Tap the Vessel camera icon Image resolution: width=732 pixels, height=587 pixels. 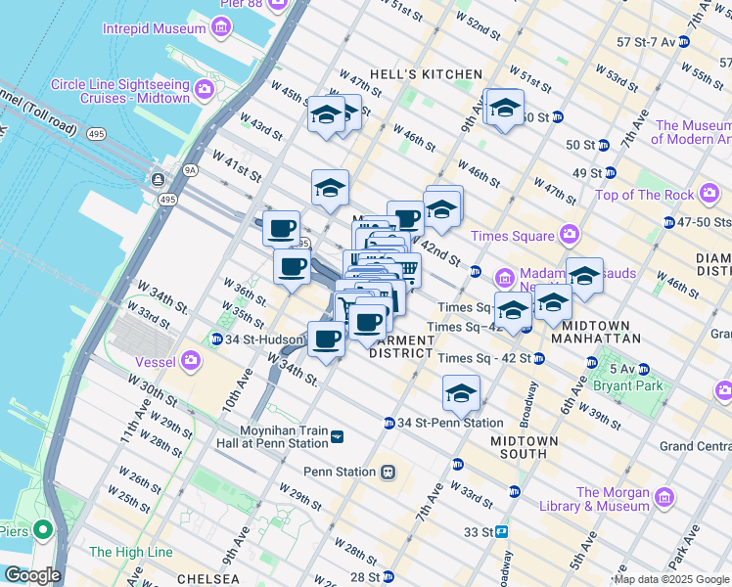pyautogui.click(x=191, y=362)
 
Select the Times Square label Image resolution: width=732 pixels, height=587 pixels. pyautogui.click(x=513, y=236)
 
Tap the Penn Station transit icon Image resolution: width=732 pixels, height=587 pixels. pyautogui.click(x=389, y=472)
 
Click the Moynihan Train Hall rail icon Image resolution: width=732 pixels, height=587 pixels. pyautogui.click(x=338, y=436)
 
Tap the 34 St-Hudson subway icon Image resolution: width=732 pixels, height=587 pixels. pyautogui.click(x=216, y=339)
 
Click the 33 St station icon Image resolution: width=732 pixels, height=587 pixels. pyautogui.click(x=501, y=531)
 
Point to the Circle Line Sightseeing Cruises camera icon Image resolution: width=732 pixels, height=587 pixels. pyautogui.click(x=205, y=91)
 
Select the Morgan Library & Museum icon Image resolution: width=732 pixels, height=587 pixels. pyautogui.click(x=664, y=498)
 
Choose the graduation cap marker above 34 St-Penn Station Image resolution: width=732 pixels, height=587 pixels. pyautogui.click(x=461, y=393)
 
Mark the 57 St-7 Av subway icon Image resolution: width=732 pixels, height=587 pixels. pyautogui.click(x=684, y=42)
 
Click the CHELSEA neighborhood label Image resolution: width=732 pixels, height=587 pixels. pyautogui.click(x=204, y=579)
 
